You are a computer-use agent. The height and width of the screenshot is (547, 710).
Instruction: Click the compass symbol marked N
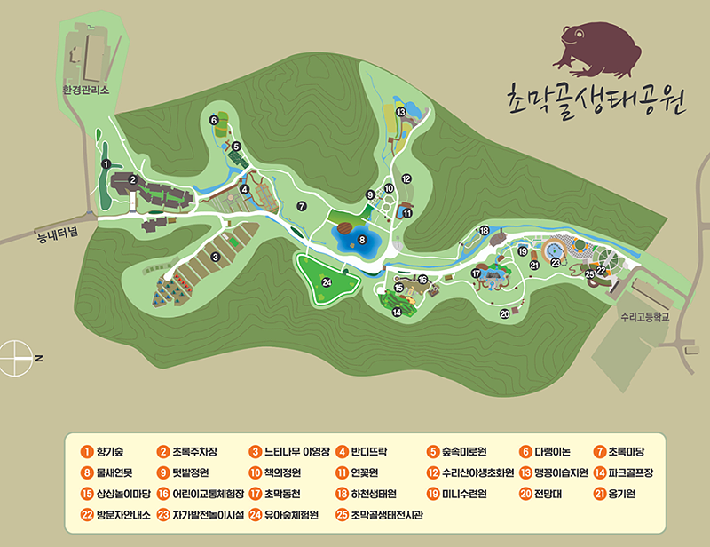pyautogui.click(x=20, y=358)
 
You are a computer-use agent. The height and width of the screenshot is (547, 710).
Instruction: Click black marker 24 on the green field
pyautogui.click(x=327, y=282)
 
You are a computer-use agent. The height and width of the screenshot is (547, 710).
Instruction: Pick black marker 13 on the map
pyautogui.click(x=401, y=112)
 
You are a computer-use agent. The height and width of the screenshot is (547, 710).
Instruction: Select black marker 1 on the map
pyautogui.click(x=106, y=163)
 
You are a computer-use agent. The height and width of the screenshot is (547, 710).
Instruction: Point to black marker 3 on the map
pyautogui.click(x=216, y=257)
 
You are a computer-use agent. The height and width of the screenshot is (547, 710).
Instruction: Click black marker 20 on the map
pyautogui.click(x=504, y=313)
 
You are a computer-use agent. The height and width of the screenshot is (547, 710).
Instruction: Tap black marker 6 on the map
pyautogui.click(x=214, y=120)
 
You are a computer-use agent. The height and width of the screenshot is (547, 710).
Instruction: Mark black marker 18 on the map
pyautogui.click(x=484, y=231)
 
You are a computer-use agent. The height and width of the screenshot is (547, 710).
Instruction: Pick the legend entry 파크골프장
pyautogui.click(x=630, y=472)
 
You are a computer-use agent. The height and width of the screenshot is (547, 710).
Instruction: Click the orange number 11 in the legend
pyautogui.click(x=341, y=472)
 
